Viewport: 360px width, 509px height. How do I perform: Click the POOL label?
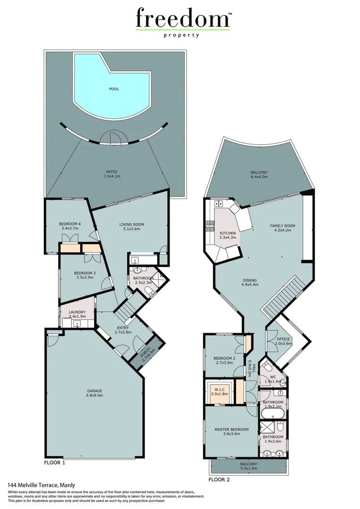(x=114, y=88)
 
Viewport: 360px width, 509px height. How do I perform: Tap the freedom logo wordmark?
(x=181, y=19)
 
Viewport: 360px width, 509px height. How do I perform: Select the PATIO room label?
(x=111, y=172)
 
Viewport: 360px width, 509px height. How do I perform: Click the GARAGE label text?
(x=95, y=391)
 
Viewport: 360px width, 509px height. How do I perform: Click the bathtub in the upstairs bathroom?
(x=272, y=414)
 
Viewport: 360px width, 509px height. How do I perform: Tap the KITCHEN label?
(x=228, y=233)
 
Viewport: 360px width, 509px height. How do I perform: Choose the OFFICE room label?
(x=283, y=339)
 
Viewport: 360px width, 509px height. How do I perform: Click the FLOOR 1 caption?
(x=54, y=463)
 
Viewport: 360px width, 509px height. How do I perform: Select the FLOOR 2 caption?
(x=219, y=480)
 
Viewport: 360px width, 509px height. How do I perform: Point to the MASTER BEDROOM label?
(x=231, y=429)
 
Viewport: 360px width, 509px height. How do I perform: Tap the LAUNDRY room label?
(x=76, y=312)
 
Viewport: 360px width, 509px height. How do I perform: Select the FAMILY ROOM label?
(x=282, y=226)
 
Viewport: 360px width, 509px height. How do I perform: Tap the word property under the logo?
(x=181, y=35)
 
